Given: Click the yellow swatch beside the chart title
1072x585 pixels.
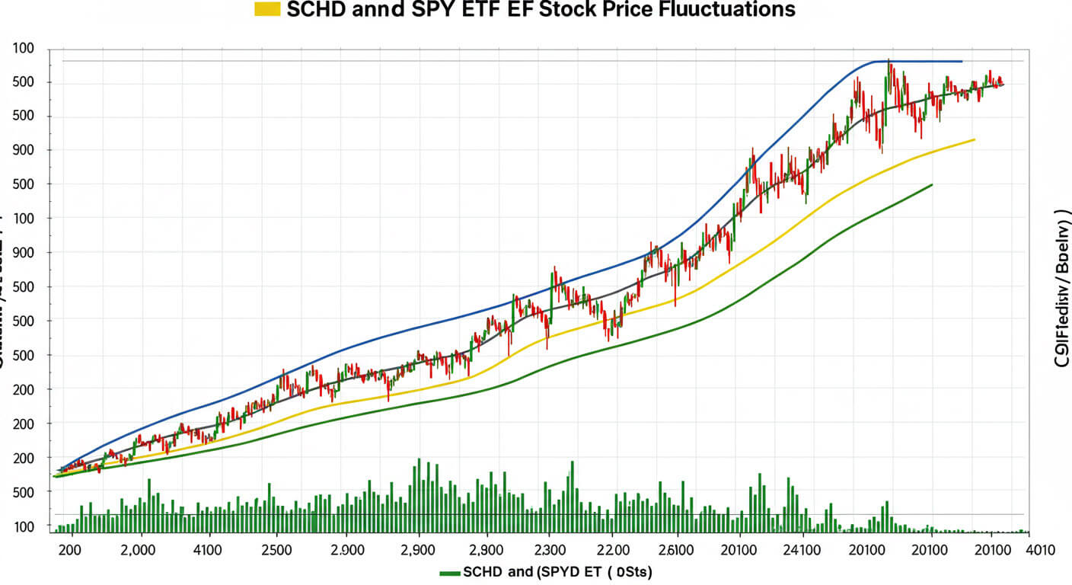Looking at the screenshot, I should click(270, 10).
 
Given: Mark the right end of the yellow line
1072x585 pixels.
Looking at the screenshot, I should click(974, 139).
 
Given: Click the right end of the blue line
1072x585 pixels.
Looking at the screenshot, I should click(962, 61).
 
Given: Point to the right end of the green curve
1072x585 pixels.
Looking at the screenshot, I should click(931, 184).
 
